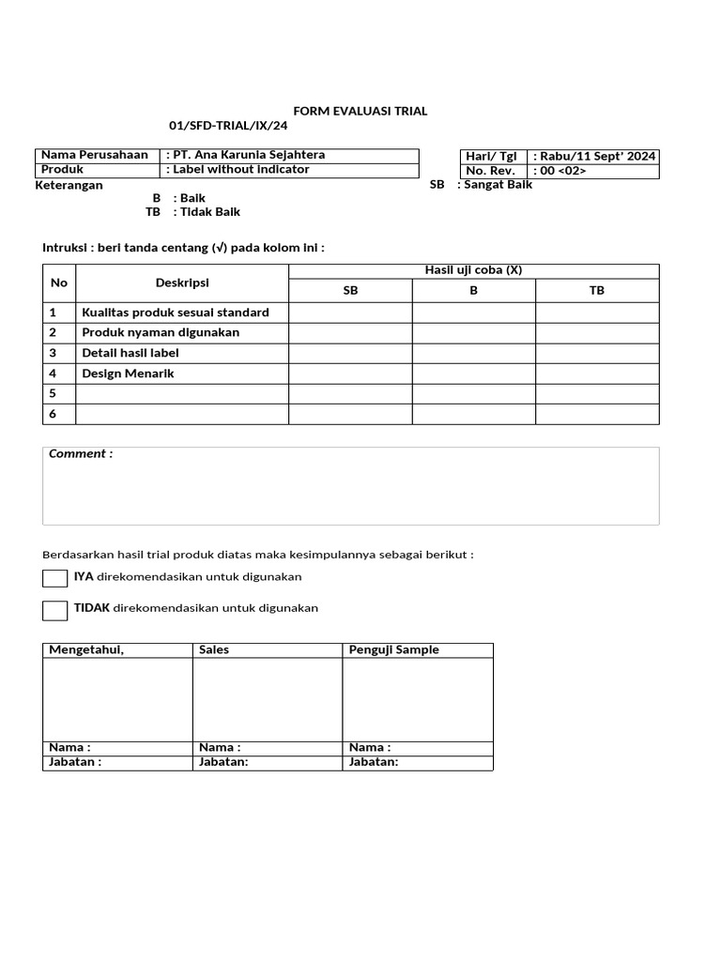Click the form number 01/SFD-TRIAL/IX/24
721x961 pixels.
pos(228,126)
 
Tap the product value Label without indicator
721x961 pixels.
pos(239,170)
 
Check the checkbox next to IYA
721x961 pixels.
pos(54,577)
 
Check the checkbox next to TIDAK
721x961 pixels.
pos(54,610)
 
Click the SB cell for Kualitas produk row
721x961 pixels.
pos(350,312)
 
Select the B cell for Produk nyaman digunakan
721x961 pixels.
pos(473,332)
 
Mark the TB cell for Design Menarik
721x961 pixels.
pos(597,374)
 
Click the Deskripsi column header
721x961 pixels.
pos(182,282)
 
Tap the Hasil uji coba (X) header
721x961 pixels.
pos(473,270)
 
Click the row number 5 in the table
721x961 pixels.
pos(54,393)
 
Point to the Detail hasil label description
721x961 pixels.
pos(130,353)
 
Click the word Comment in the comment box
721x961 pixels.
pos(81,454)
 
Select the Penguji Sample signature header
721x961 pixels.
pos(393,649)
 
